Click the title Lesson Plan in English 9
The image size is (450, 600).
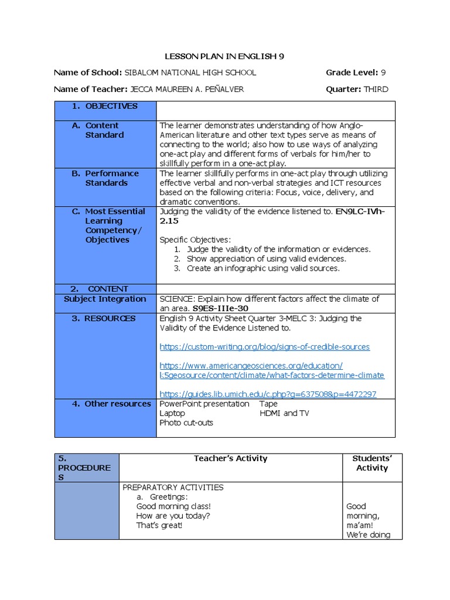[x=226, y=56]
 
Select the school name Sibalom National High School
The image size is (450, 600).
[x=190, y=73]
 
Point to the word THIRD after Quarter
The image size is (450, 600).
[x=376, y=89]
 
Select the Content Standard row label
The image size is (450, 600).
[x=104, y=130]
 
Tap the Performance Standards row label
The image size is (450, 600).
[x=111, y=178]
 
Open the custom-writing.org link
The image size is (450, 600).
[x=264, y=347]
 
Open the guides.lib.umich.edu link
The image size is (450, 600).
[x=268, y=394]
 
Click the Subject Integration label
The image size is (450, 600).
[x=105, y=299]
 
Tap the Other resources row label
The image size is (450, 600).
[x=117, y=404]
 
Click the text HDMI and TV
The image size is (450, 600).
[x=284, y=413]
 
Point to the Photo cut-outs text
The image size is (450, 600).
[x=186, y=422]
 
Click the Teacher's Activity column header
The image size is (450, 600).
[x=230, y=458]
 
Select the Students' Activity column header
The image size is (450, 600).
[x=372, y=463]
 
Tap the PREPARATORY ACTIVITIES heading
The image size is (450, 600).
[x=173, y=487]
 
